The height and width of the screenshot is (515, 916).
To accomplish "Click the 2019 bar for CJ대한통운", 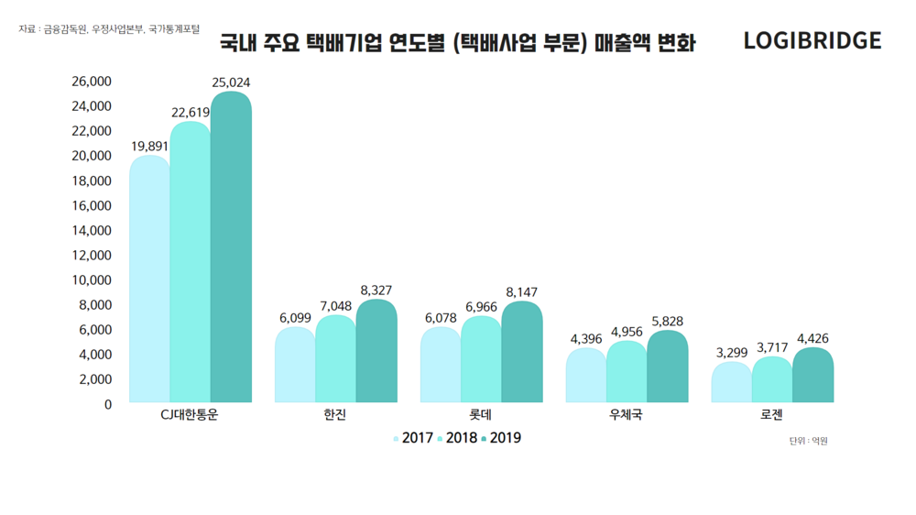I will click(231, 247).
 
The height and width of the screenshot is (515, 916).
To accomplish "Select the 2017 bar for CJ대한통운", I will click(149, 279).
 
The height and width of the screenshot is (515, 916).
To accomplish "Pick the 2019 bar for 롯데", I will click(522, 352).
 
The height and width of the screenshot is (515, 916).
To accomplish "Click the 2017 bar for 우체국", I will click(585, 376).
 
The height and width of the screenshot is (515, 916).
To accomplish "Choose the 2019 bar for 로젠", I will click(813, 375).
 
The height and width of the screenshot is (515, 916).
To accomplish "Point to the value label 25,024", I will click(231, 82).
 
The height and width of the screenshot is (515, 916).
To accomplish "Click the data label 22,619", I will click(191, 113).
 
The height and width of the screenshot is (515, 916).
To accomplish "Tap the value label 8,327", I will click(376, 290).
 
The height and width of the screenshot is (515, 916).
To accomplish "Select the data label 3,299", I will click(732, 352).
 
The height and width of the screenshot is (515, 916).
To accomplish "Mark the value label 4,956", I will click(627, 332).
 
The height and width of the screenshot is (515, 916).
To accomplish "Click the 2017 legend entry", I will click(413, 438).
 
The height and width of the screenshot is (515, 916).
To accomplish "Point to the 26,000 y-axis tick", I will click(92, 82).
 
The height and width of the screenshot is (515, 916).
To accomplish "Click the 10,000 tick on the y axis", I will click(92, 279).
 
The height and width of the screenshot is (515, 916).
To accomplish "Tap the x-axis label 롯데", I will click(481, 415).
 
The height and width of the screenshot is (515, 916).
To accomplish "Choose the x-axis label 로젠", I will click(771, 415).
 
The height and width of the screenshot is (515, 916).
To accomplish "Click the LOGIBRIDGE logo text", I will click(812, 41).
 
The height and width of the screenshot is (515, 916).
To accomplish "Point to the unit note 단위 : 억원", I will click(808, 441).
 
